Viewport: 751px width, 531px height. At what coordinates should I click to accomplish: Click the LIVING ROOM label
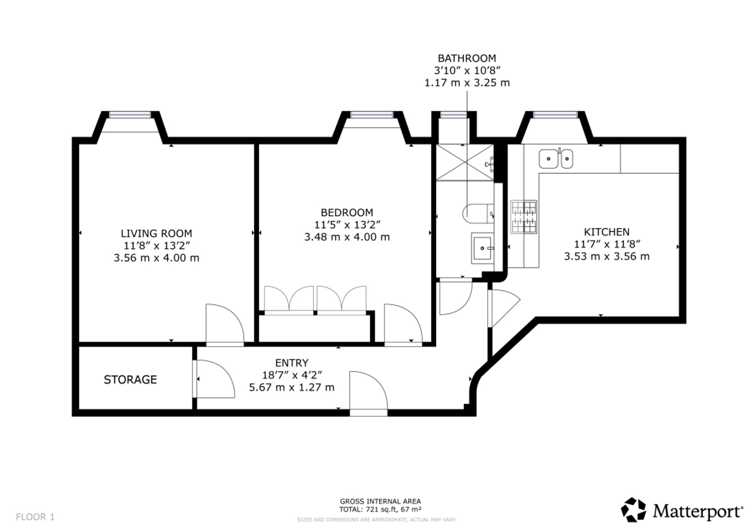156,233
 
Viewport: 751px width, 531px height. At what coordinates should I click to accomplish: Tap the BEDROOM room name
347,213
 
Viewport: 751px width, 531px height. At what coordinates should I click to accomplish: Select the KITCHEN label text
607,232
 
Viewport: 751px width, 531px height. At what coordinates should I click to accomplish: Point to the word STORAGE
130,380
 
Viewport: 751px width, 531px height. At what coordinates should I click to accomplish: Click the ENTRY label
292,363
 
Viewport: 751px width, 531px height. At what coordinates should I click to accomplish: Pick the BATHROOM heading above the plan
467,58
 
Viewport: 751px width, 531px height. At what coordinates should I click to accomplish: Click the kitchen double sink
556,159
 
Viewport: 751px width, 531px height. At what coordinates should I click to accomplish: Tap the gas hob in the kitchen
524,217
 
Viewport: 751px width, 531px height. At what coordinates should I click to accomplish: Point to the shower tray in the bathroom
465,162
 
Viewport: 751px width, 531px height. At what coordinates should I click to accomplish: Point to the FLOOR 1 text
35,517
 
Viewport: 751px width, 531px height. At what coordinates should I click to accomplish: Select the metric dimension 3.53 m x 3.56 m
607,256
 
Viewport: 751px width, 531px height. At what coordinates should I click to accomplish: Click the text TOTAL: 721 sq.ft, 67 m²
380,509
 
